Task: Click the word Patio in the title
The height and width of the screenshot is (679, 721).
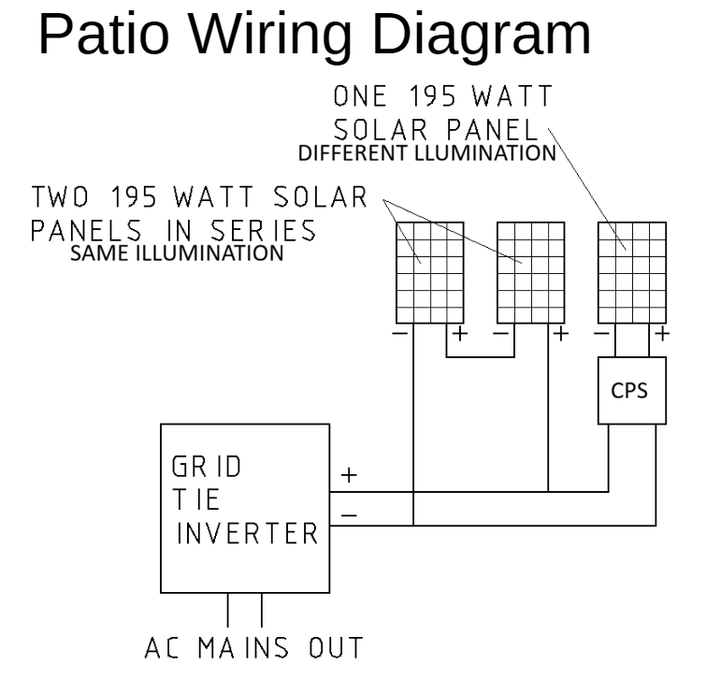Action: point(105,34)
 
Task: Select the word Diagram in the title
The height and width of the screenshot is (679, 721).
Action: point(482,36)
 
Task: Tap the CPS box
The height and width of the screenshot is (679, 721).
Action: point(632,391)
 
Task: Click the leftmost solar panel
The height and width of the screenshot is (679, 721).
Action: point(430,273)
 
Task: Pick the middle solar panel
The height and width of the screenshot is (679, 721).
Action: point(531,273)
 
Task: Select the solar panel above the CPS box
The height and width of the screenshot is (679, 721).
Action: point(632,273)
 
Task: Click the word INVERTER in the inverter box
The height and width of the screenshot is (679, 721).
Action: point(248,534)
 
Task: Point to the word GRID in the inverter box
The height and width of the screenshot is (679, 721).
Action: point(207,467)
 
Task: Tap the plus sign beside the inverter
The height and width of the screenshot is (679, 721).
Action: point(349,475)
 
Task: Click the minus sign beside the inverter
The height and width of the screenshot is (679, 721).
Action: point(349,514)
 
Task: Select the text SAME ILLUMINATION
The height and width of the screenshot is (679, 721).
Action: point(177,253)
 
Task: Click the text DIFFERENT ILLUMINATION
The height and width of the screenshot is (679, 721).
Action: point(427,153)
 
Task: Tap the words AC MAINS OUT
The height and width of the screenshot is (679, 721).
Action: point(253,648)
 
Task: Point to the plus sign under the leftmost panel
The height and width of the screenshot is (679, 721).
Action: point(460,333)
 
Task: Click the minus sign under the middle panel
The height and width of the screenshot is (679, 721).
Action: point(500,333)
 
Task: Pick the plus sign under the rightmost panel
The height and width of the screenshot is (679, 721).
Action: point(662,333)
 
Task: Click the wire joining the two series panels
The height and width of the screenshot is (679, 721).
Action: point(480,356)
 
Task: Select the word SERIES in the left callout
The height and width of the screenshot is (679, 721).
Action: point(264,230)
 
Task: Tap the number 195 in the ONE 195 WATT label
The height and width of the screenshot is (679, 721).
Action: point(432,96)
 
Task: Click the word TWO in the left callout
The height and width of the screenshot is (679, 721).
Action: point(60,197)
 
